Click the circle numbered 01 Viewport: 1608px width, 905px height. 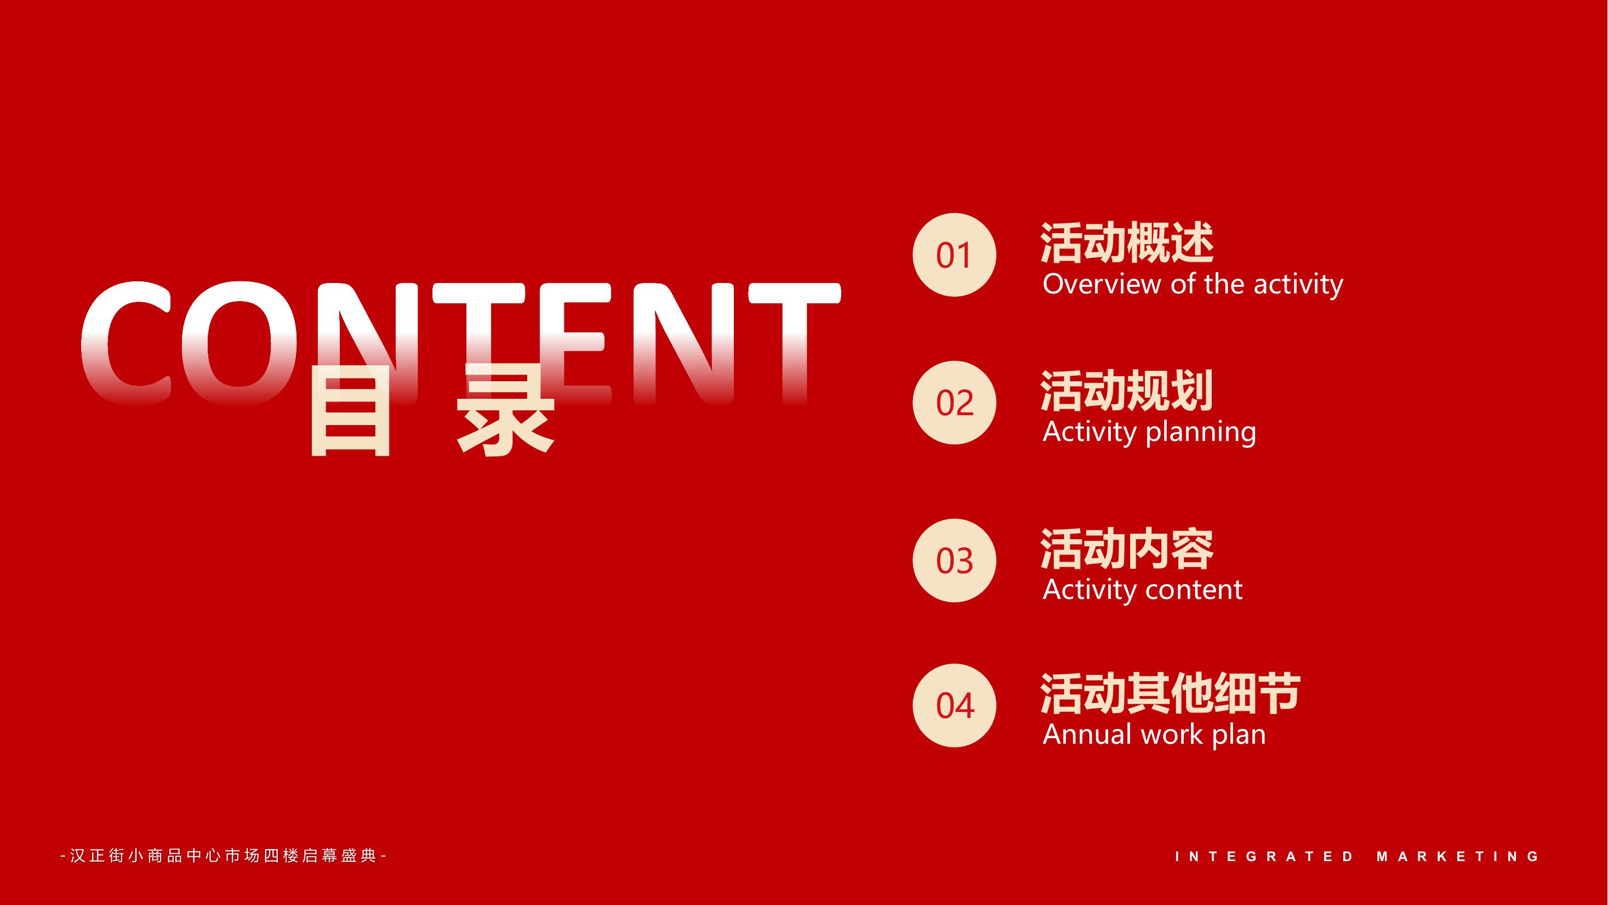[x=954, y=255]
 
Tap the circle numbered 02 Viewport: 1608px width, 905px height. [x=954, y=403]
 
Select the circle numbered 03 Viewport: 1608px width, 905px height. [x=954, y=560]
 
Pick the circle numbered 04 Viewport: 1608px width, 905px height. [x=954, y=705]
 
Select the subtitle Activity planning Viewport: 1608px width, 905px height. [x=1149, y=432]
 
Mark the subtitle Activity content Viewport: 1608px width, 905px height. [x=1142, y=590]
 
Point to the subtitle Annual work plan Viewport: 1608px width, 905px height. [x=1154, y=734]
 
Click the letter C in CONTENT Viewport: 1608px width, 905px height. [x=126, y=343]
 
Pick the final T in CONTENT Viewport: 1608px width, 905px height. [x=795, y=343]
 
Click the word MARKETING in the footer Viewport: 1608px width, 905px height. [x=1458, y=856]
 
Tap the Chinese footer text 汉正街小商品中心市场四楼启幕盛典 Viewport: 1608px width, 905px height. [x=224, y=856]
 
